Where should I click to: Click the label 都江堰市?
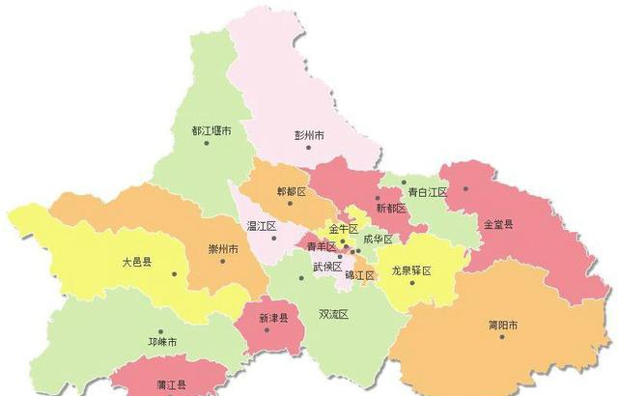pyautogui.click(x=211, y=130)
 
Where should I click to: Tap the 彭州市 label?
pyautogui.click(x=312, y=135)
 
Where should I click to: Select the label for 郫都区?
pyautogui.click(x=291, y=192)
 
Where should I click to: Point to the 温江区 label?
pyautogui.click(x=262, y=226)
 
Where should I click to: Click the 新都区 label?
pyautogui.click(x=391, y=208)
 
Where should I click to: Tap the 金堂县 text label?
pyautogui.click(x=498, y=224)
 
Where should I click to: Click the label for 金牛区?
pyautogui.click(x=344, y=229)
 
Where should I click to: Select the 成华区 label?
pyautogui.click(x=378, y=239)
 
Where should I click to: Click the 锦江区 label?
pyautogui.click(x=360, y=275)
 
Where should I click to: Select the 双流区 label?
pyautogui.click(x=333, y=314)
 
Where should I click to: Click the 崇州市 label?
pyautogui.click(x=224, y=249)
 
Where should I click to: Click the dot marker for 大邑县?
pyautogui.click(x=175, y=274)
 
